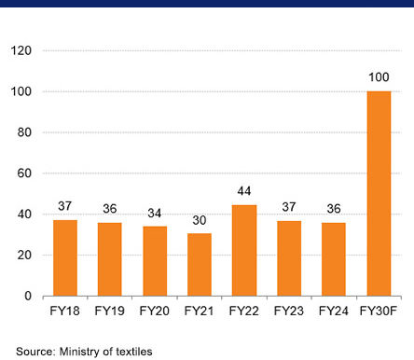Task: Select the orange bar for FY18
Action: tap(65, 258)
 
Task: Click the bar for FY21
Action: tap(200, 265)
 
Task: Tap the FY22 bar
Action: tap(244, 251)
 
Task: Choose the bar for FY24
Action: tap(334, 259)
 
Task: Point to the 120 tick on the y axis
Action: tap(21, 50)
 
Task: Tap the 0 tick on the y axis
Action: tap(28, 297)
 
